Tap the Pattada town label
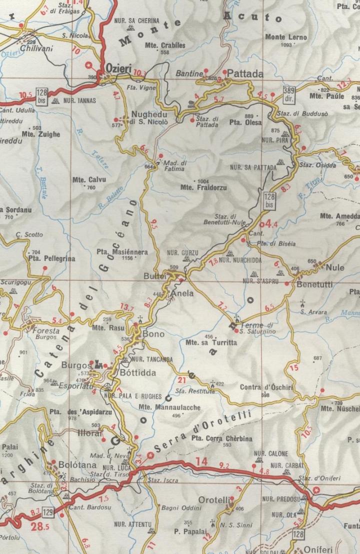click(246, 74)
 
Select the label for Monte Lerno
click(282, 37)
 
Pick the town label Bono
click(153, 334)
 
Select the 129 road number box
click(47, 512)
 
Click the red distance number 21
click(181, 379)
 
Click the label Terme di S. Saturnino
click(258, 328)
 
